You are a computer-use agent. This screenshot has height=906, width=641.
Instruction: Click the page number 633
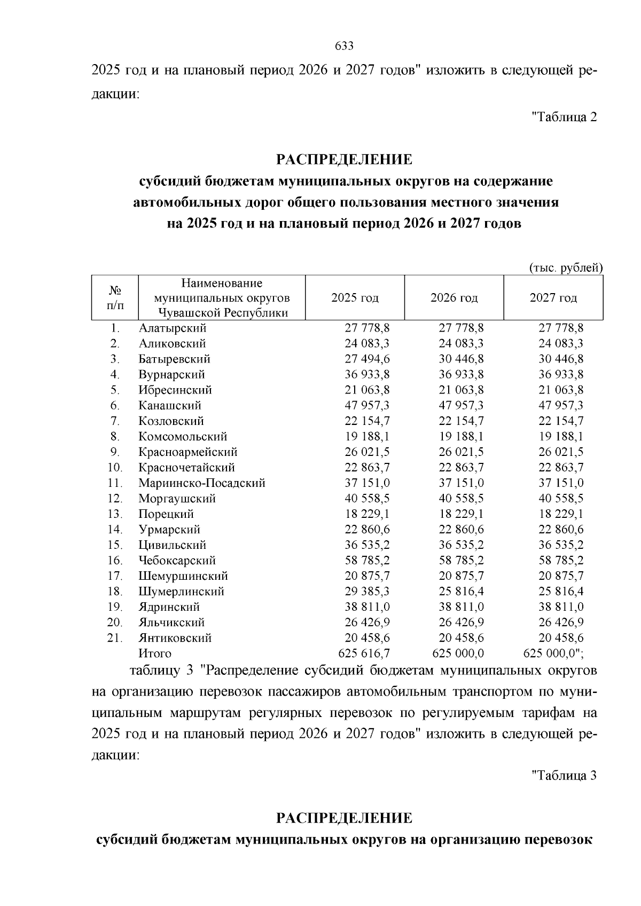click(x=344, y=46)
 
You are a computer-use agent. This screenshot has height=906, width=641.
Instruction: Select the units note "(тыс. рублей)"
click(x=566, y=267)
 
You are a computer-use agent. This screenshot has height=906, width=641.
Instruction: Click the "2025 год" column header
click(x=355, y=297)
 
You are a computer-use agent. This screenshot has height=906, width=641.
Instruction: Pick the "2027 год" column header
click(x=553, y=297)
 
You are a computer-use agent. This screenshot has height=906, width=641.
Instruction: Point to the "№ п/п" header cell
click(x=115, y=297)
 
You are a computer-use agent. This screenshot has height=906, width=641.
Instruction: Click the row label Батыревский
click(x=174, y=359)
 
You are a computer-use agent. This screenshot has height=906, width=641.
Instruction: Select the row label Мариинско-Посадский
click(x=202, y=483)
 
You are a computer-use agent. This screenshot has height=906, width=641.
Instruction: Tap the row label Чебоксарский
click(x=177, y=560)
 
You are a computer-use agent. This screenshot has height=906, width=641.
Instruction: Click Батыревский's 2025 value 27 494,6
click(x=367, y=359)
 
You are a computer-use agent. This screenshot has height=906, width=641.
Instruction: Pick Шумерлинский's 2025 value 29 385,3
click(x=367, y=591)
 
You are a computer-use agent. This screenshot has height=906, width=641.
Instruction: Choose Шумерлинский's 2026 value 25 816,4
click(x=461, y=591)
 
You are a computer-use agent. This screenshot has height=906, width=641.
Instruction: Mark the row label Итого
click(x=155, y=653)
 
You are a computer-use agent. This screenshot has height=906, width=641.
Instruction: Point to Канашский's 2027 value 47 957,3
click(x=561, y=405)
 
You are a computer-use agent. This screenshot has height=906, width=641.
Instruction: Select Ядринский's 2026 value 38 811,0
click(x=461, y=606)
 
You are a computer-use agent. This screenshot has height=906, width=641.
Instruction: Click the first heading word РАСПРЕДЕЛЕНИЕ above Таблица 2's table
click(x=344, y=159)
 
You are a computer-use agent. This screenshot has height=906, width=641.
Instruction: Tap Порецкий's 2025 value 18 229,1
click(x=367, y=514)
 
